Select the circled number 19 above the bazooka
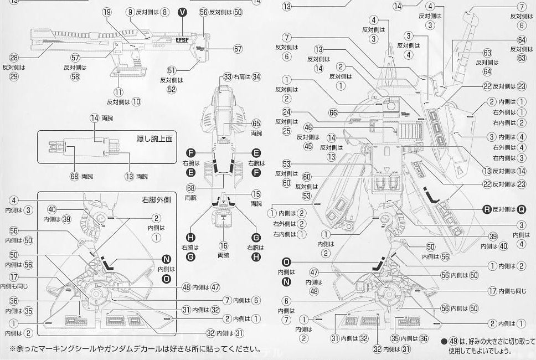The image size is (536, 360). click(x=107, y=12)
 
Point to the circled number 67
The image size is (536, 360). click(x=238, y=49)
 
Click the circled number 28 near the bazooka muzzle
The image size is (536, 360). click(x=14, y=58)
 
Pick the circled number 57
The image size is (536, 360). click(x=76, y=58)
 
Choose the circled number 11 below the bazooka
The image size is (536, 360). click(x=118, y=92)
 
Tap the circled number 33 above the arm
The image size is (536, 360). click(x=228, y=76)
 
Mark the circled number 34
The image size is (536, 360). click(x=256, y=76)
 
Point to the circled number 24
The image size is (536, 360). click(x=286, y=112)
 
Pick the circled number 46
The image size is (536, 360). click(x=308, y=127)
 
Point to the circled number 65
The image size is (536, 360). click(x=256, y=124)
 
